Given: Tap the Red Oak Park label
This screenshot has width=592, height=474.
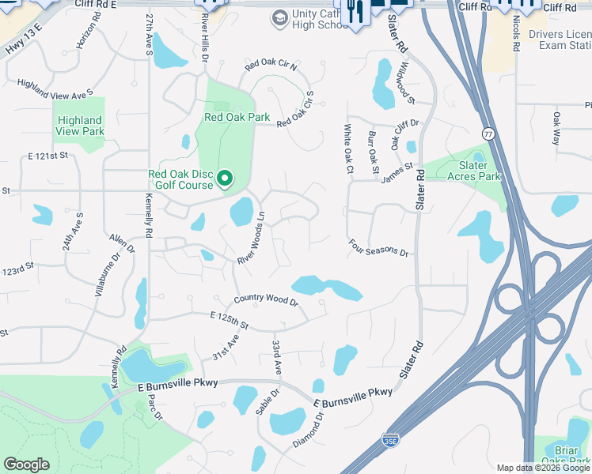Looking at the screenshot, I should [x=237, y=118].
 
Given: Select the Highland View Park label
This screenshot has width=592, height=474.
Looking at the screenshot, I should [x=80, y=126].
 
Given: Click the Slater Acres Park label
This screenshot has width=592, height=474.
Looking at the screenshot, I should [x=469, y=171].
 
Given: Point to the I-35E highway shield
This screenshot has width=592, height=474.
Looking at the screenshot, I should [x=389, y=439].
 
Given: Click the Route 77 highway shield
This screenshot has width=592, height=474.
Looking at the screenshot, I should [x=488, y=134].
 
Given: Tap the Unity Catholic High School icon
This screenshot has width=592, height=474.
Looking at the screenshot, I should [x=279, y=17].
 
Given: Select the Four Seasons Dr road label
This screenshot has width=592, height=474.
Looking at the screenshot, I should [x=379, y=249].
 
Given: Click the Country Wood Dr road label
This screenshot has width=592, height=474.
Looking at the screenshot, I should [x=265, y=301].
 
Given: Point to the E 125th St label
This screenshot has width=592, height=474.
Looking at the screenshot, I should [x=230, y=321].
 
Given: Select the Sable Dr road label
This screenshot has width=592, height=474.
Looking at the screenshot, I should [x=268, y=402].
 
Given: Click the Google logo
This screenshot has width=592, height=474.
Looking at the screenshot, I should [x=26, y=465].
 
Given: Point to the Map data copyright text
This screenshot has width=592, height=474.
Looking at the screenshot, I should [x=543, y=468].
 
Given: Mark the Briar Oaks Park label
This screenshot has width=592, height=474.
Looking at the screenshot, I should [x=571, y=456].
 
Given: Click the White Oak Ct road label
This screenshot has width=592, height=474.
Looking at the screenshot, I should [x=347, y=149].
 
